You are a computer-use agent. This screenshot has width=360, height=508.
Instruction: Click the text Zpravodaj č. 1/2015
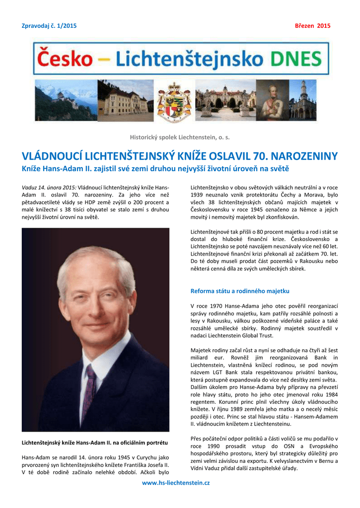(x=49, y=26)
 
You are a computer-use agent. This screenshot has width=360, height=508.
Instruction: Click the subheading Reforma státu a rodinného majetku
(x=240, y=291)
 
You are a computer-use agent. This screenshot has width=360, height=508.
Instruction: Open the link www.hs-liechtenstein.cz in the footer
(x=176, y=483)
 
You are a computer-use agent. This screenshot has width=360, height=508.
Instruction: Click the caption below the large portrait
(x=95, y=442)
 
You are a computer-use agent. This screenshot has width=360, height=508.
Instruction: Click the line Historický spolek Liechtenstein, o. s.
(x=180, y=136)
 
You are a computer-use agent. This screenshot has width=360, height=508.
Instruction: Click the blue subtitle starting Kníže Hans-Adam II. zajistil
(x=154, y=169)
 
